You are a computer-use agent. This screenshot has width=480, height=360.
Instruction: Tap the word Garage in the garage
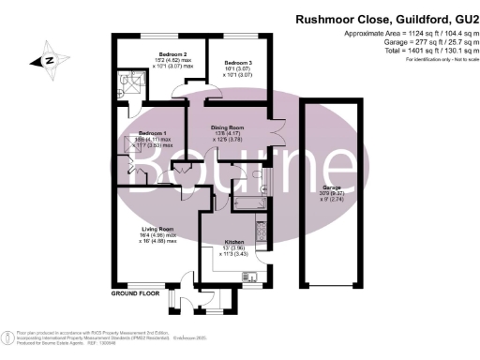[332, 187]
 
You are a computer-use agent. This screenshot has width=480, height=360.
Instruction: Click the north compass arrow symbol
[44, 62]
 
